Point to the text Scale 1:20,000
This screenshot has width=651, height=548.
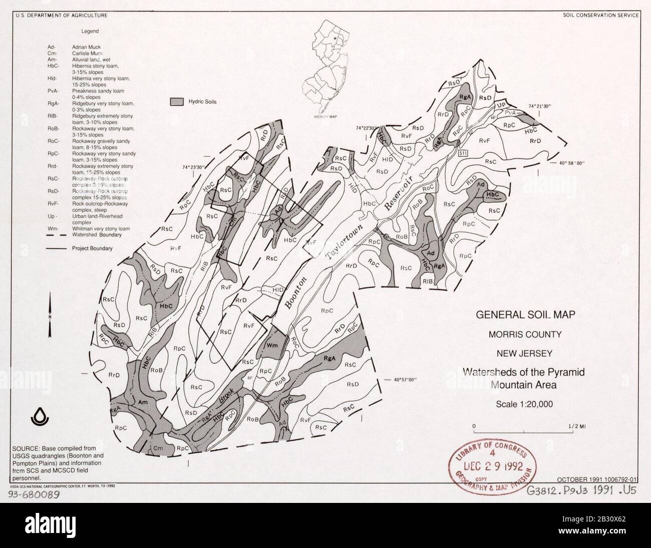pos(524,404)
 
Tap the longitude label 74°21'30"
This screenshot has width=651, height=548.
pos(539,106)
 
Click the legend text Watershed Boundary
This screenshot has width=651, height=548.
pos(97,234)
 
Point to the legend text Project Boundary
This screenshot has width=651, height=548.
pos(92,248)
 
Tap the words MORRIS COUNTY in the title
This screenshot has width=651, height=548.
pos(524,335)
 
